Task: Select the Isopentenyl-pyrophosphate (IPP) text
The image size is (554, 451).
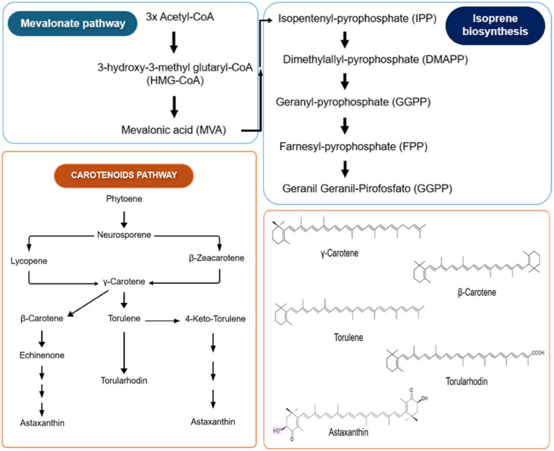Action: (353, 16)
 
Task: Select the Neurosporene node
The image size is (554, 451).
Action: (124, 236)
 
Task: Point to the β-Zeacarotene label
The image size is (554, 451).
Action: (220, 259)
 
